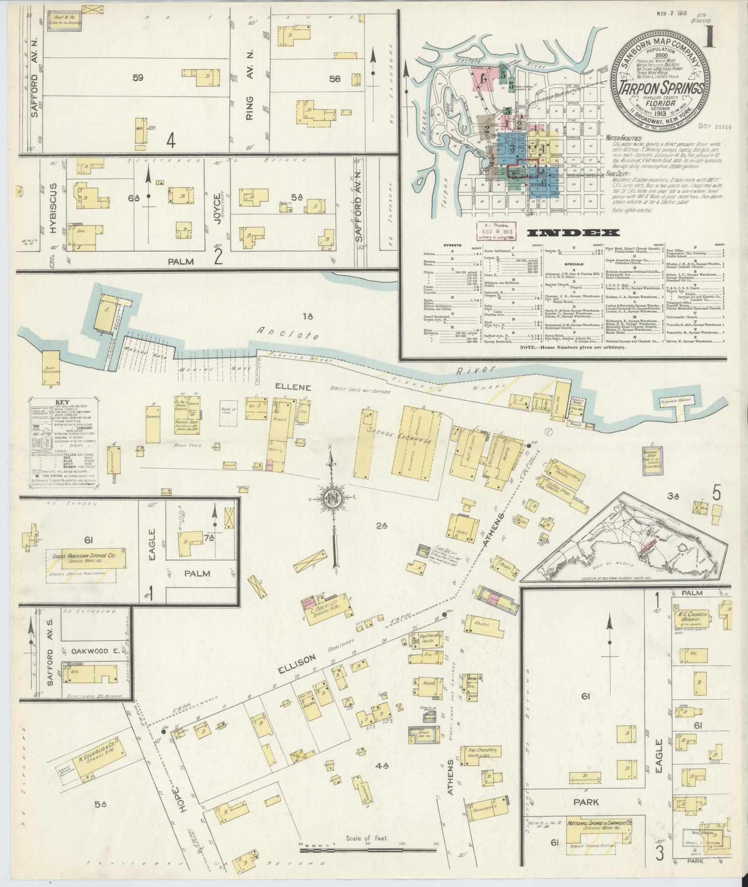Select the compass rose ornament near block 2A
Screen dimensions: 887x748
(x=332, y=498)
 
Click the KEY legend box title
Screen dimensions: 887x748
(x=63, y=402)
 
